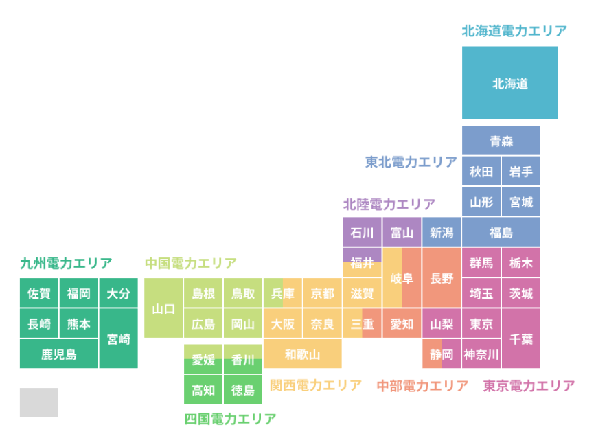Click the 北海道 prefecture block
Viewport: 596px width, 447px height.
click(x=509, y=83)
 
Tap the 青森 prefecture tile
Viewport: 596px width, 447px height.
click(x=501, y=141)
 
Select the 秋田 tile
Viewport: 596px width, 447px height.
click(x=481, y=172)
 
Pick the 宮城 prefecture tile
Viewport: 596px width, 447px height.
click(x=520, y=203)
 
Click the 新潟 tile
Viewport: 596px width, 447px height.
click(x=442, y=233)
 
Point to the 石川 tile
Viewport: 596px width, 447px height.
click(x=362, y=233)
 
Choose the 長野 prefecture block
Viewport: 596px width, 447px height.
click(x=442, y=278)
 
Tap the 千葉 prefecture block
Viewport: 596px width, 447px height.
click(x=520, y=339)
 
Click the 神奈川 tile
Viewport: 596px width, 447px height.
click(x=481, y=354)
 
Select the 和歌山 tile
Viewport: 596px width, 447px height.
click(x=302, y=354)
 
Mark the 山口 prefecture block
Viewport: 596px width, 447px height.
click(x=163, y=308)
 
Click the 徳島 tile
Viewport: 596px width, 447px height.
click(x=243, y=390)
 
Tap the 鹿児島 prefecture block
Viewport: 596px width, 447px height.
click(x=59, y=354)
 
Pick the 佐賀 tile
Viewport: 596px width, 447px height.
click(x=39, y=293)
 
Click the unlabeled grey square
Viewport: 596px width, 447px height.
click(x=39, y=402)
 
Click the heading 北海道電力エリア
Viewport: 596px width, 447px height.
click(x=514, y=31)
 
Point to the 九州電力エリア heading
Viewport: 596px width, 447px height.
click(x=66, y=263)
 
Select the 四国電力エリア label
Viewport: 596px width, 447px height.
click(x=230, y=418)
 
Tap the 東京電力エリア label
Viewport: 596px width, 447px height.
click(x=529, y=386)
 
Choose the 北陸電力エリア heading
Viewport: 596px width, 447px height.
click(x=389, y=204)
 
